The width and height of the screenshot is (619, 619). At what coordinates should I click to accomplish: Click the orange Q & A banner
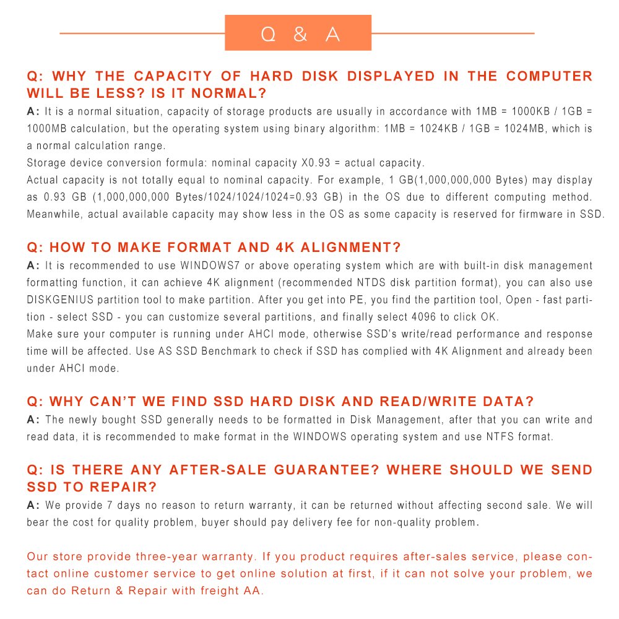298,33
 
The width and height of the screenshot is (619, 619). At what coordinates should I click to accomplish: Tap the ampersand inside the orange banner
300,34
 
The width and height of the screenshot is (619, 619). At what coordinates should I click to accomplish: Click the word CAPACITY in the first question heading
173,76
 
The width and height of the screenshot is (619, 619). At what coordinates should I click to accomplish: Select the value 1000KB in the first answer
530,111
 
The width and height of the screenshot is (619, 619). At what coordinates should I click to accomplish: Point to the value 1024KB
439,128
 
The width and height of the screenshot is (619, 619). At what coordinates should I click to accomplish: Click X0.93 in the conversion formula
316,163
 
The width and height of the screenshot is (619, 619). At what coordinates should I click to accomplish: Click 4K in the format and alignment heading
285,247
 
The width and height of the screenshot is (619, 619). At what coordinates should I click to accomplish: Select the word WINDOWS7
210,266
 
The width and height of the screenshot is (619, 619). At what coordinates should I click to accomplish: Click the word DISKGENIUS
60,300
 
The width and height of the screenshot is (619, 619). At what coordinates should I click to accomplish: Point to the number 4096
423,316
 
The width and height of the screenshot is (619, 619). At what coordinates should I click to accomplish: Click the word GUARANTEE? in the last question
327,470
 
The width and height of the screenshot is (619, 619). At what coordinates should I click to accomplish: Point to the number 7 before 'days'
110,505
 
